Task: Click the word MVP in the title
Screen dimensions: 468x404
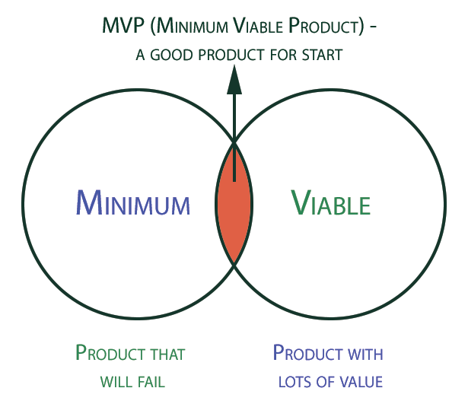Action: (x=123, y=25)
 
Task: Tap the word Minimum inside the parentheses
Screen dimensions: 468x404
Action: (x=192, y=26)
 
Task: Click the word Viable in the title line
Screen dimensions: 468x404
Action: (x=257, y=26)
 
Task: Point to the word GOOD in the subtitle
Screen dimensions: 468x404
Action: (x=171, y=55)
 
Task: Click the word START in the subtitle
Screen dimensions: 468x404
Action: (x=322, y=55)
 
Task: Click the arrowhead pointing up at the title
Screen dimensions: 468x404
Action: (x=234, y=80)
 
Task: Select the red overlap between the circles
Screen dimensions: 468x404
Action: (x=234, y=203)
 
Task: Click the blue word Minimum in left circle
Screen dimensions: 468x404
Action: (x=133, y=202)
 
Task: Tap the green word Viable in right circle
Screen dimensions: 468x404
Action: (x=330, y=202)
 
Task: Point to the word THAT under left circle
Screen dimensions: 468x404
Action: (x=168, y=355)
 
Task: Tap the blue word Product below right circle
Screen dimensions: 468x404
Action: (x=307, y=353)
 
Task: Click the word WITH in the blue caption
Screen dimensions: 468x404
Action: (x=365, y=355)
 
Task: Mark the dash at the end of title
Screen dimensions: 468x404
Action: (x=372, y=27)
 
